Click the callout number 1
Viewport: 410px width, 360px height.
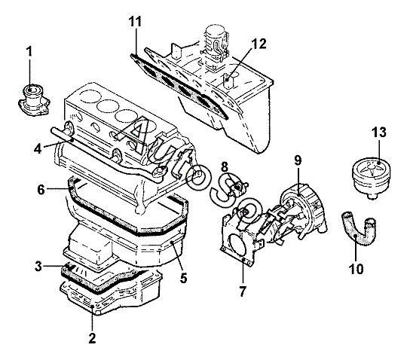coord(29,51)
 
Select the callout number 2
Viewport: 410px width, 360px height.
coord(92,338)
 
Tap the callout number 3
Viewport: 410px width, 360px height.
coord(38,266)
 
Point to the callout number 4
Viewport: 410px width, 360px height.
coord(38,149)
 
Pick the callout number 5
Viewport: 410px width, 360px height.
coord(184,278)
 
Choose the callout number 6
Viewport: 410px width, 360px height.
coord(41,190)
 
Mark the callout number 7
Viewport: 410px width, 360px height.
coord(243,291)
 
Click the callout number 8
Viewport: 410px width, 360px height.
coord(225,167)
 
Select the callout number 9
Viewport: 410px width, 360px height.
coord(298,160)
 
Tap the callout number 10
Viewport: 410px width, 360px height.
coord(356,269)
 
